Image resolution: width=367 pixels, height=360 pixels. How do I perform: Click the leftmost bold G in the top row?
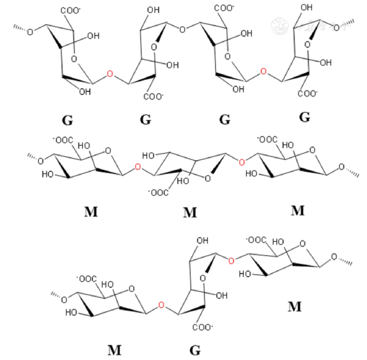[x=67, y=120]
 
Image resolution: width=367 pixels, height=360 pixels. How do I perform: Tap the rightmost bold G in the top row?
[x=305, y=117]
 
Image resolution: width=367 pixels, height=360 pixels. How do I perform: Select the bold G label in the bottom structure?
[x=195, y=350]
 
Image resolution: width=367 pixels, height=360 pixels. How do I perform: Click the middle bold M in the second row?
[x=190, y=213]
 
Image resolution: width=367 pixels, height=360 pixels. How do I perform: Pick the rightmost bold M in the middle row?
[x=298, y=210]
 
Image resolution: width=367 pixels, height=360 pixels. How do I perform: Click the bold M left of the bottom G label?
[x=114, y=350]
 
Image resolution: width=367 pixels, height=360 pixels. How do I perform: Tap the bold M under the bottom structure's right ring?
[x=294, y=307]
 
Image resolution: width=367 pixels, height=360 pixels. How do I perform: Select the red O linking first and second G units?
[x=110, y=74]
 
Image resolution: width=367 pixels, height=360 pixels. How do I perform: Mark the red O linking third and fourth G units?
[x=263, y=71]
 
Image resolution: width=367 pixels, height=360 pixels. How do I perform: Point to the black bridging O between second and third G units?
[x=182, y=29]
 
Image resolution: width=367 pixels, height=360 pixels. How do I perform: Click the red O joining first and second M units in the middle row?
[x=138, y=167]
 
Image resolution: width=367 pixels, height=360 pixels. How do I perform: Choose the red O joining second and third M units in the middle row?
[x=241, y=162]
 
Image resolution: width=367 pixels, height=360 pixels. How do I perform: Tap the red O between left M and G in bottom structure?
[x=161, y=305]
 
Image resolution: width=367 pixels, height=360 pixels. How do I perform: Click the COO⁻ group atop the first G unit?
[x=71, y=11]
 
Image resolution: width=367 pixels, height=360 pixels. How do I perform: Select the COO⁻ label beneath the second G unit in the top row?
[x=153, y=97]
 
